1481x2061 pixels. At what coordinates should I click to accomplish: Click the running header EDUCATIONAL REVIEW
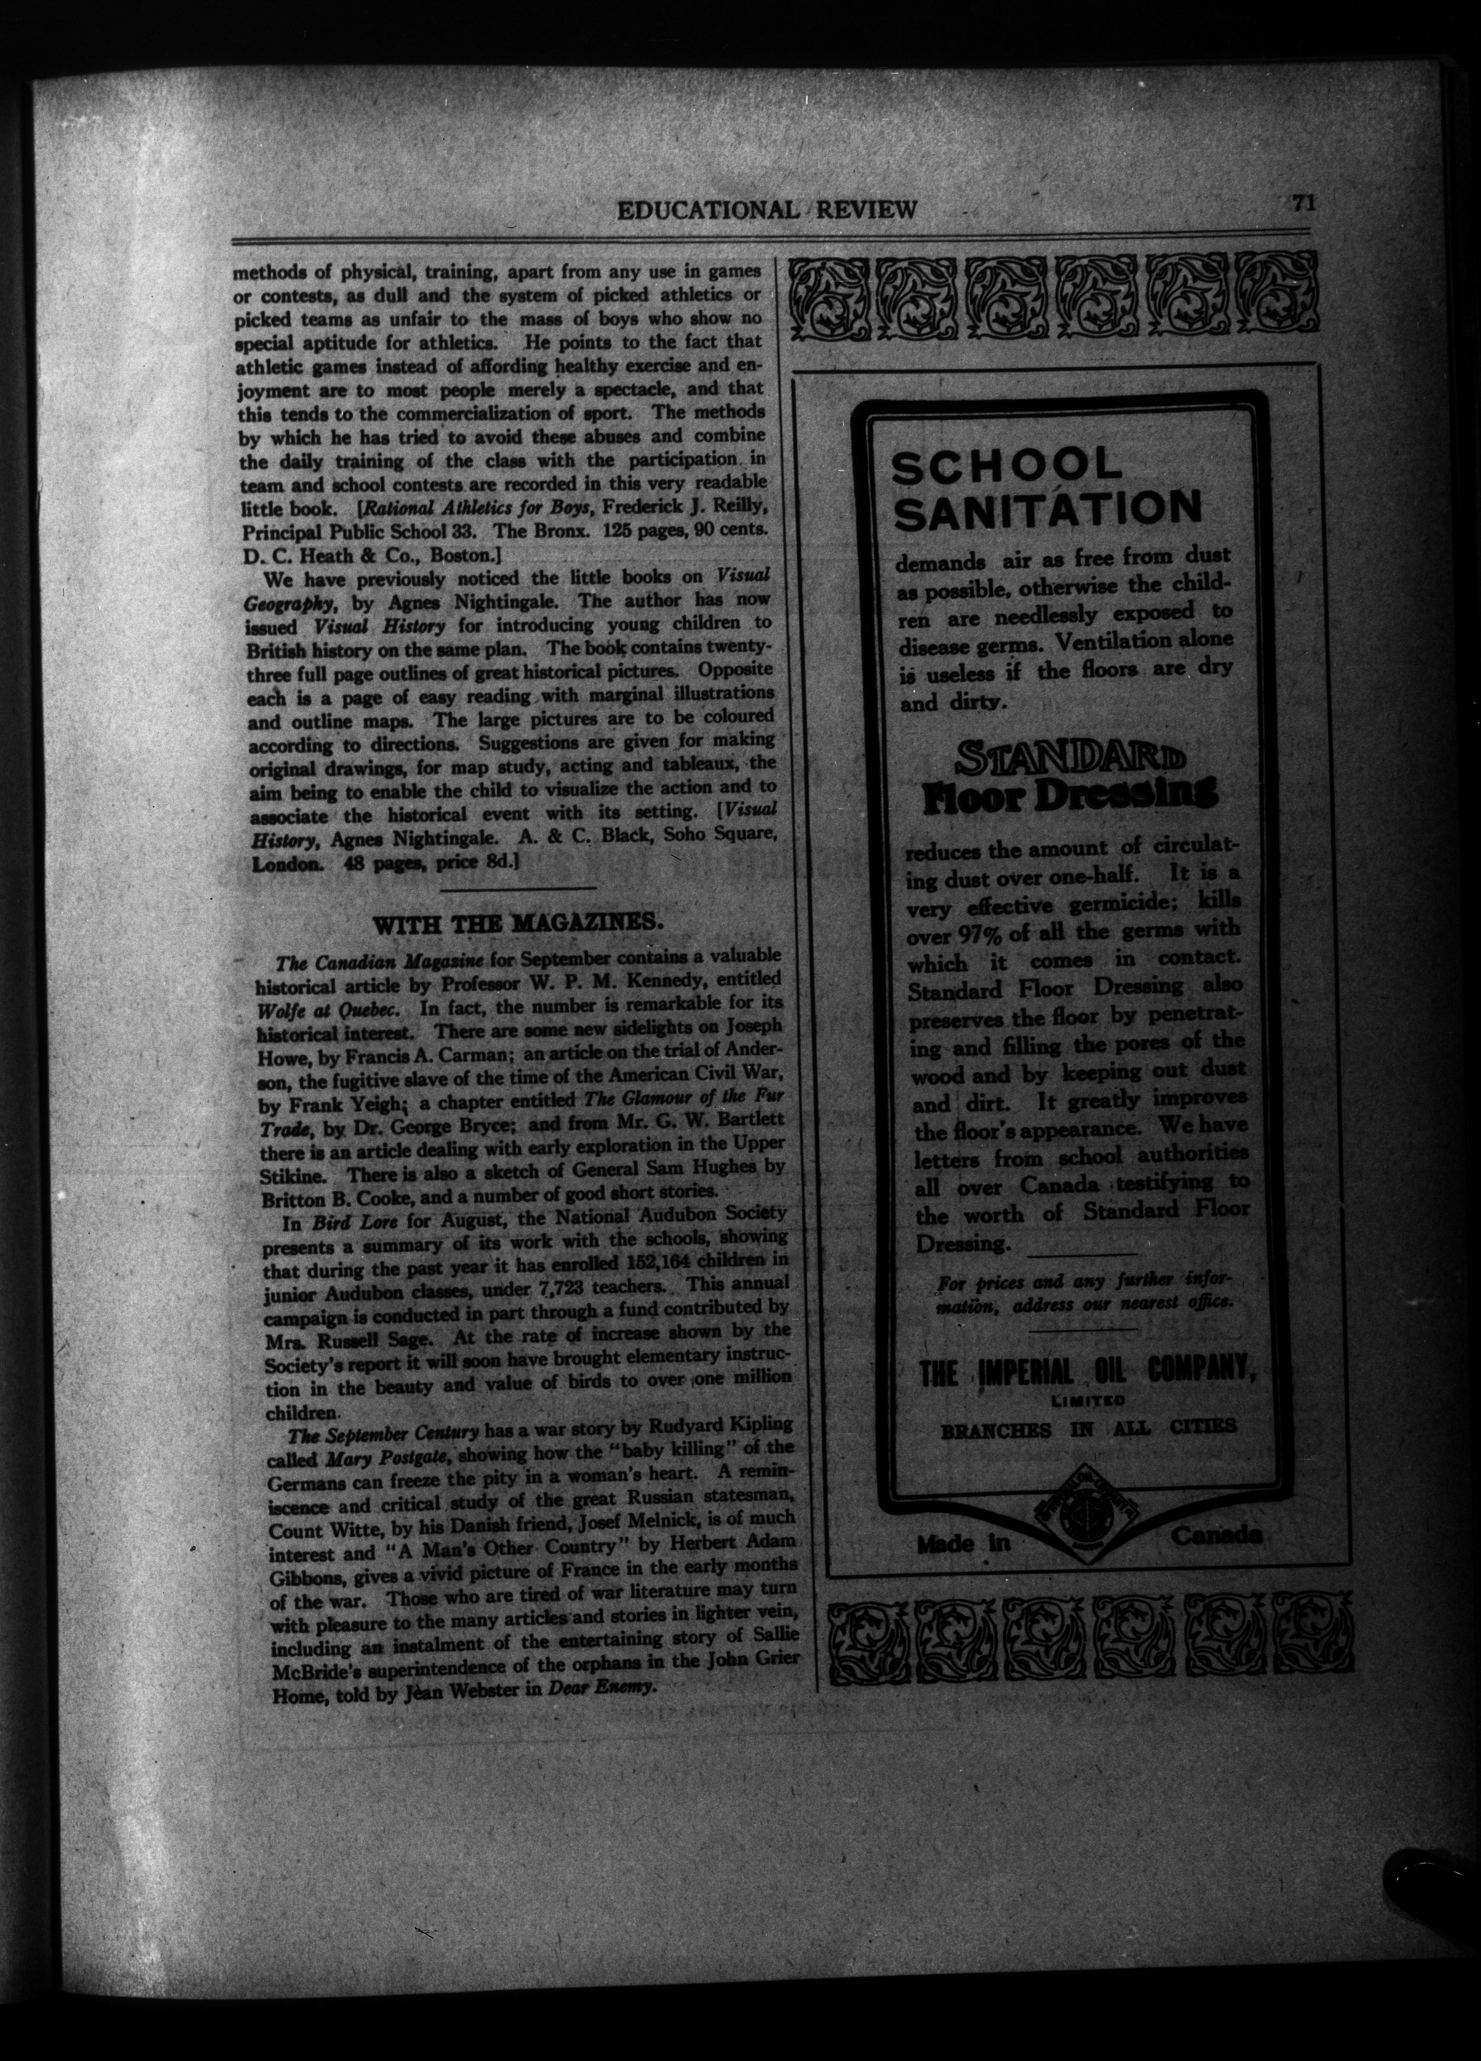[x=766, y=211]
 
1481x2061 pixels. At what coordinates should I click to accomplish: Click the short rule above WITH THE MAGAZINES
[x=518, y=887]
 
